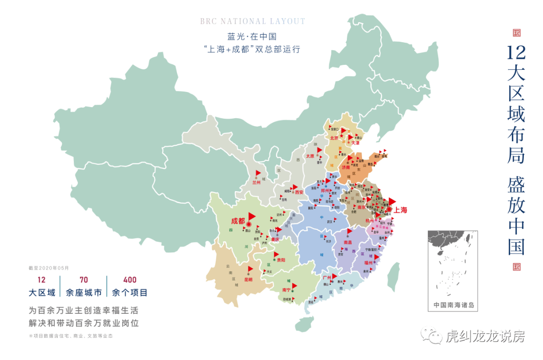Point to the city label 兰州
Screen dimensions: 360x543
click(x=256, y=183)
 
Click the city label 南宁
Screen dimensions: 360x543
click(x=286, y=290)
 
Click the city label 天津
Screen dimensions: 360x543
click(x=355, y=143)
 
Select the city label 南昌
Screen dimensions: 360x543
click(x=347, y=242)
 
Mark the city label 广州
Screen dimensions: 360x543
click(x=327, y=277)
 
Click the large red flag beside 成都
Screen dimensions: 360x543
click(x=252, y=215)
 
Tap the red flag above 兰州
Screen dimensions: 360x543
click(x=258, y=173)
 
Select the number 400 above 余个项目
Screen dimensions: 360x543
click(x=130, y=280)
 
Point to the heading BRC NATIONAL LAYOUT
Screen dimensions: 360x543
click(x=252, y=22)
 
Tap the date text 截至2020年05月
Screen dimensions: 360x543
click(x=49, y=268)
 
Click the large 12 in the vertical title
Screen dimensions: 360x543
click(x=516, y=52)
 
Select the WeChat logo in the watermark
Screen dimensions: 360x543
click(x=431, y=335)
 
